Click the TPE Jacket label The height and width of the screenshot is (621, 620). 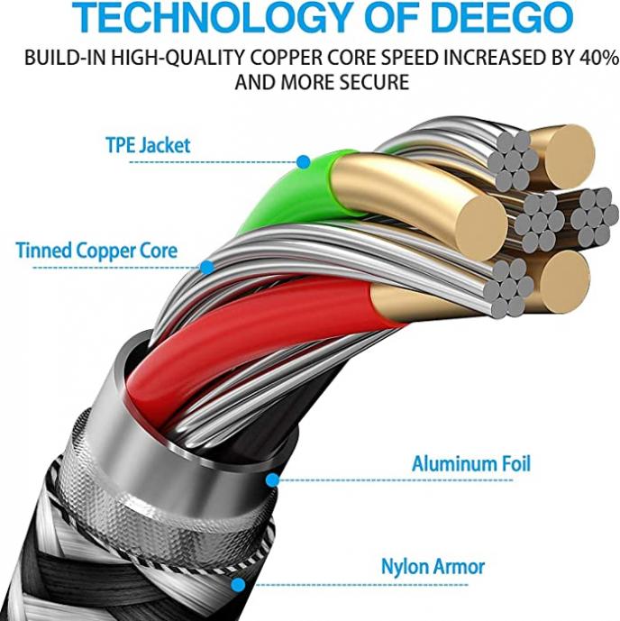point(148,145)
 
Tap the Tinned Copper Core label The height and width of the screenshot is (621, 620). point(96,251)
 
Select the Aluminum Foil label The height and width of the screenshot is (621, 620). point(470,463)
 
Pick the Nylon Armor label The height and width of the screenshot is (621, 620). point(433,566)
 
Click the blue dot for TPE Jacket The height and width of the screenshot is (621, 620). point(304,161)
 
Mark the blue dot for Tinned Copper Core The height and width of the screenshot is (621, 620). point(206,268)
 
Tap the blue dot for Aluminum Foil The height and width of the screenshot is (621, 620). point(272,480)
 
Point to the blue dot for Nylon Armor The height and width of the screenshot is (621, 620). point(238,585)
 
